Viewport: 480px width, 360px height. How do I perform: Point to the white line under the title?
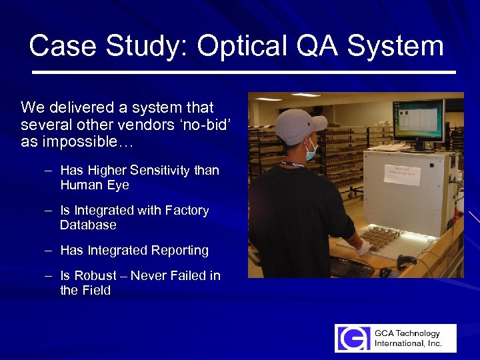point(243,71)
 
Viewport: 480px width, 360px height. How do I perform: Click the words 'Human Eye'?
point(94,185)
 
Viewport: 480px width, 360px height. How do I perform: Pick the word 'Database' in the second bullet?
point(88,225)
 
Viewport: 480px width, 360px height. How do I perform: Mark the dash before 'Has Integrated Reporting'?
point(49,250)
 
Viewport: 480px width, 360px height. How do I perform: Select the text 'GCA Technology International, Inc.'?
point(407,338)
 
